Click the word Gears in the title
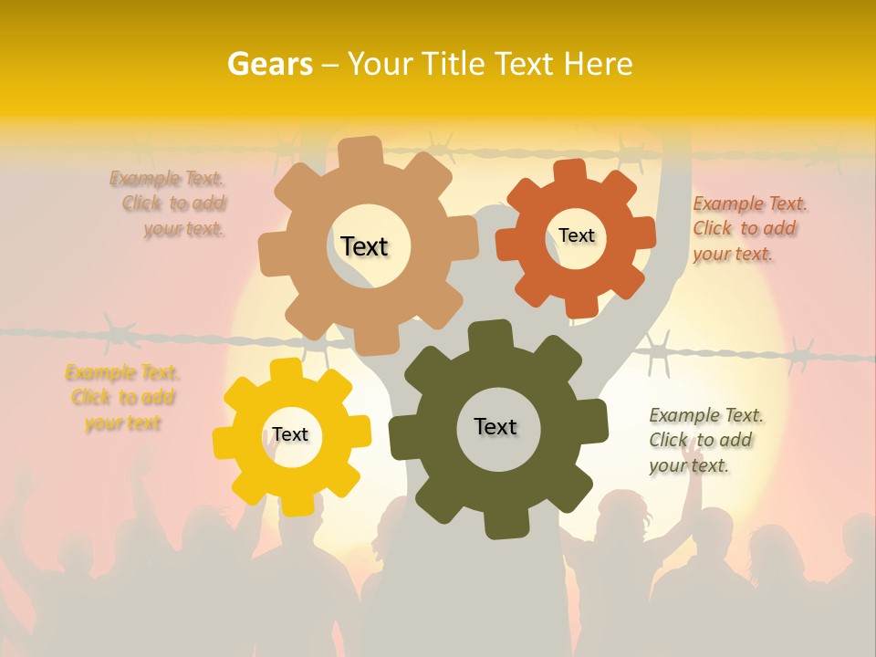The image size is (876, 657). [x=269, y=64]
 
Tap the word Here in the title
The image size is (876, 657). [x=598, y=64]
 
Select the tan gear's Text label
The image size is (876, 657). [x=364, y=246]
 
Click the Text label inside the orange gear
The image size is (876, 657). [x=576, y=235]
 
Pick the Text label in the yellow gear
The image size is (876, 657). [x=290, y=434]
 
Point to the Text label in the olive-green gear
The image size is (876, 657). [x=495, y=426]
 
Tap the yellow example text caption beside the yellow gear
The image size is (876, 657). [x=122, y=397]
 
